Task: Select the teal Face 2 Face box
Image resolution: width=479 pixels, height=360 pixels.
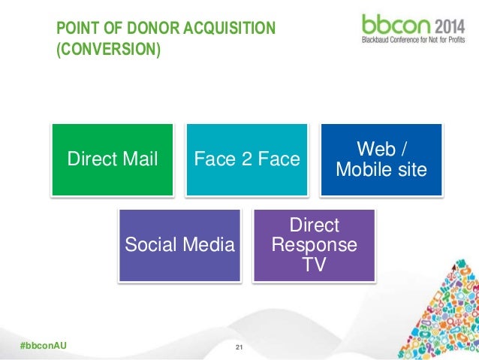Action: pos(247,159)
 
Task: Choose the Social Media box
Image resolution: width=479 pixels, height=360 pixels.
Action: pos(179,244)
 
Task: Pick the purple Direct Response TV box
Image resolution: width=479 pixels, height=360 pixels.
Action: pos(314,245)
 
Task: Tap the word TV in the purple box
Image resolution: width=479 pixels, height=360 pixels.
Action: pos(315,264)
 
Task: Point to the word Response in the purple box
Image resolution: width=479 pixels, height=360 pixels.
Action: pos(315,245)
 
